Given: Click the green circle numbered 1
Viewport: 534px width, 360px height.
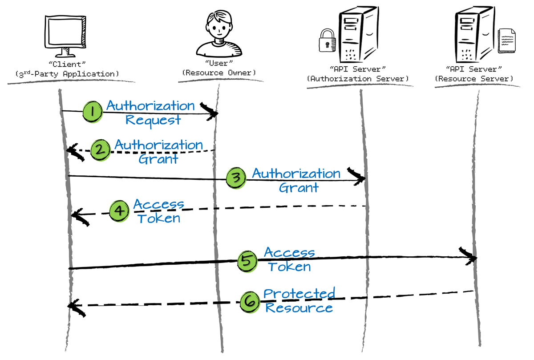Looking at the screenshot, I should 92,111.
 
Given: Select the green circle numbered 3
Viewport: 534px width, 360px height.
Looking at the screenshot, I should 236,178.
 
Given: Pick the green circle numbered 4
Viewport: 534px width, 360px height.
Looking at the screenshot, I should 119,210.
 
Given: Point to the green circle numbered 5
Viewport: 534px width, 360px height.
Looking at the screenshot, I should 247,261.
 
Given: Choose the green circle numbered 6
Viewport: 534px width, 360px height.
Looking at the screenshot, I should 250,302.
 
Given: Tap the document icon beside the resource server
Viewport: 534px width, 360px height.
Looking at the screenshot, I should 506,40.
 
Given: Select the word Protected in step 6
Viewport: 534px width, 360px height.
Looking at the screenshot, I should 299,293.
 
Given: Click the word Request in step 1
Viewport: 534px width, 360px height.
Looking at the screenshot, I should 153,120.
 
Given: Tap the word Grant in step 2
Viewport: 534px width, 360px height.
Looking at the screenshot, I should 158,159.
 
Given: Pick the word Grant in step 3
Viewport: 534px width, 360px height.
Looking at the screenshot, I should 299,187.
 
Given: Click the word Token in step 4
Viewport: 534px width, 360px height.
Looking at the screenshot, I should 159,218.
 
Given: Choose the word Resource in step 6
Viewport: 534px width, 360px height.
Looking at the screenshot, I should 299,307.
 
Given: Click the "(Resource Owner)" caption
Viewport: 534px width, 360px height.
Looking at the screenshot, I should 219,73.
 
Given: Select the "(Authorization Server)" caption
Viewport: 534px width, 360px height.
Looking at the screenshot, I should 358,78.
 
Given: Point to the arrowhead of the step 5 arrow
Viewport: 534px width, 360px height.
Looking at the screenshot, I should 471,257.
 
